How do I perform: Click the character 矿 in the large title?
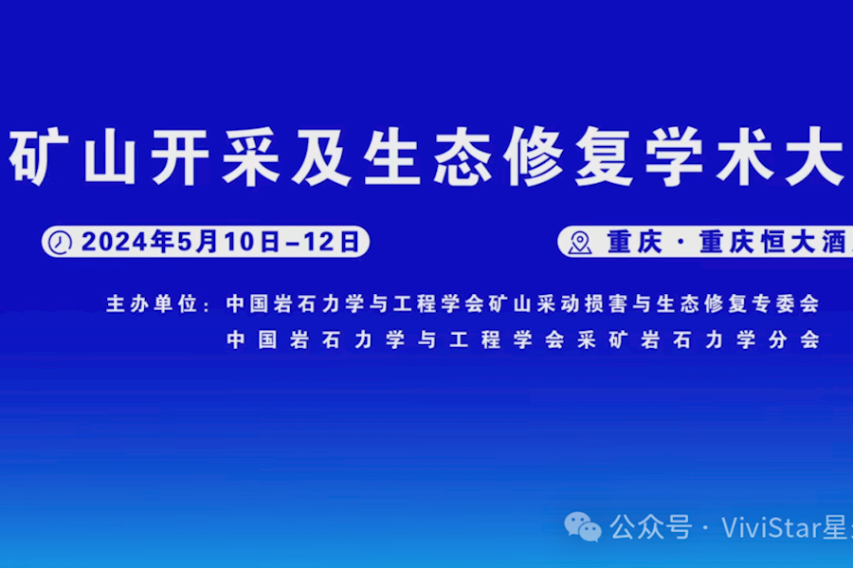pyautogui.click(x=33, y=158)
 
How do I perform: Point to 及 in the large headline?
pyautogui.click(x=325, y=158)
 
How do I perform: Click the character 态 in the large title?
pyautogui.click(x=471, y=158)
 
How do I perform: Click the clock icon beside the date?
pyautogui.click(x=61, y=242)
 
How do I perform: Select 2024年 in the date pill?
pyautogui.click(x=128, y=242)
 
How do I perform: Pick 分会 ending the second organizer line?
pyautogui.click(x=794, y=340)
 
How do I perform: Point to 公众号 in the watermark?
pyautogui.click(x=650, y=526)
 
